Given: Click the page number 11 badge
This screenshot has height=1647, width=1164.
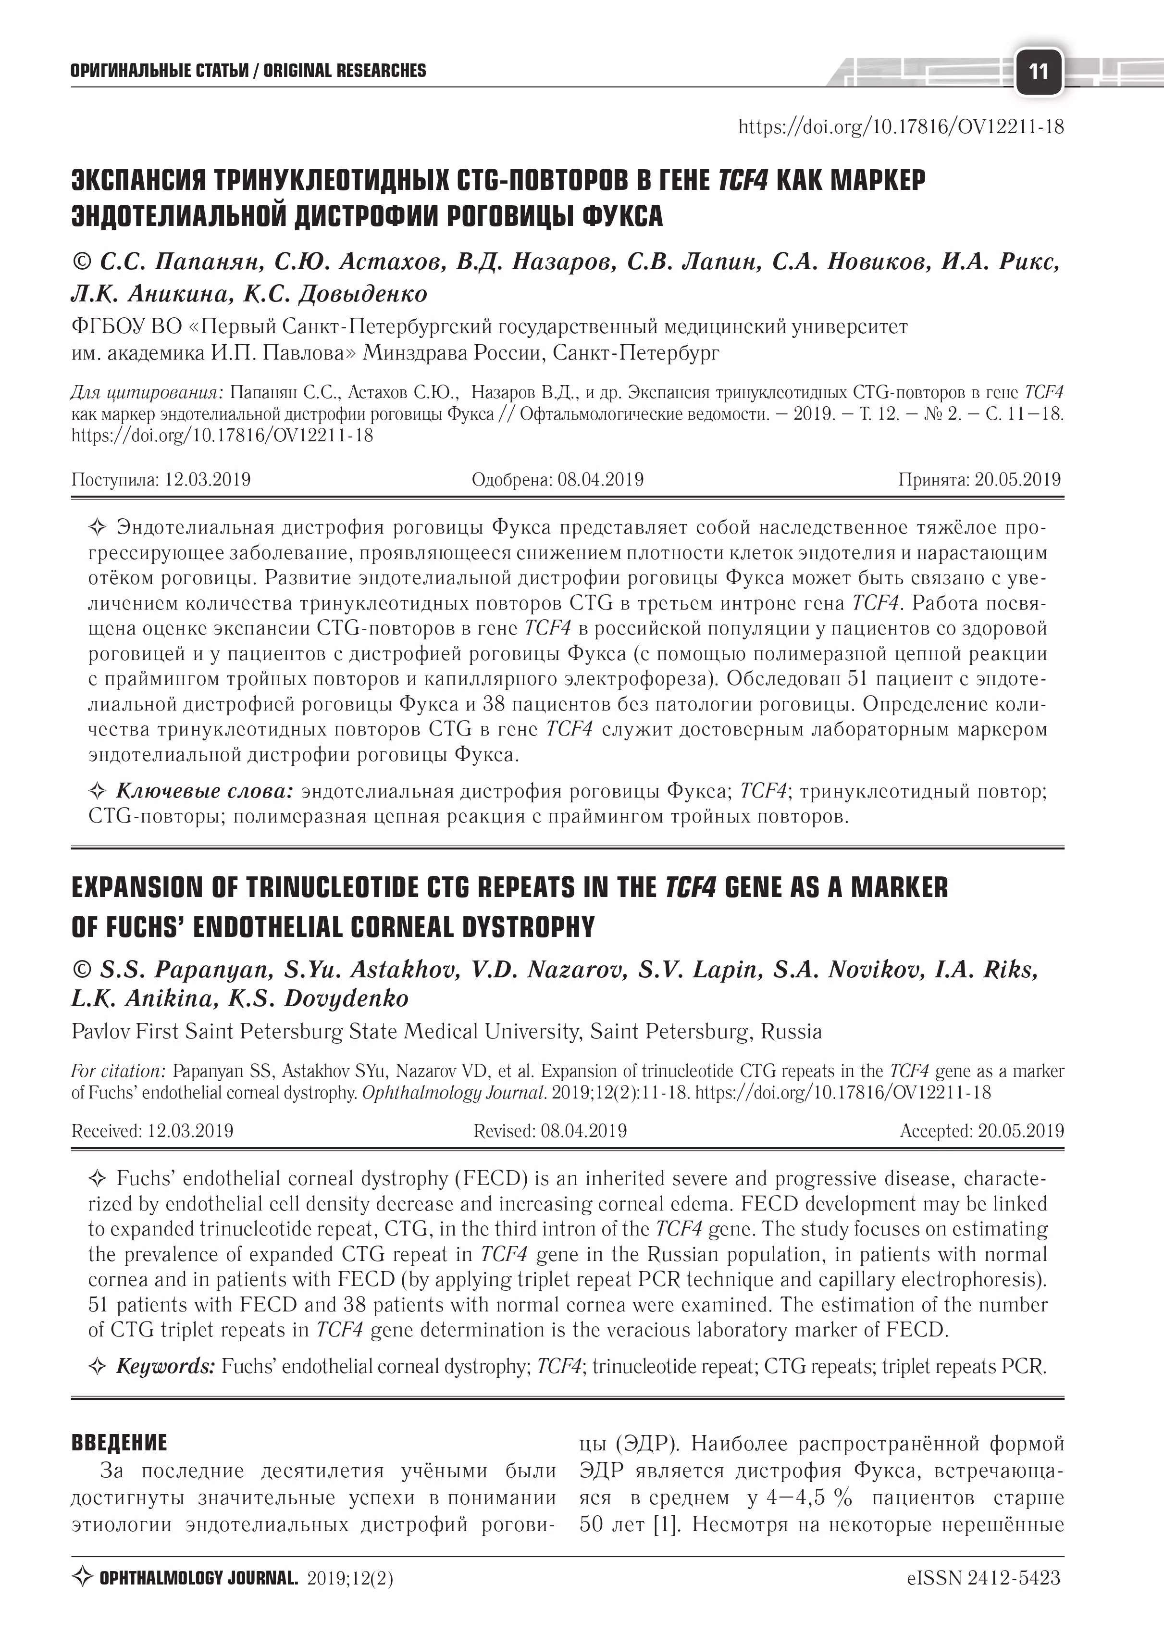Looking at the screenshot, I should pos(1038,71).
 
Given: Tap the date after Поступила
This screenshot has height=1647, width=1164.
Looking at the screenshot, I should pos(207,479).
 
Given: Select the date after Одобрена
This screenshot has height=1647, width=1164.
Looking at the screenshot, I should pos(600,479).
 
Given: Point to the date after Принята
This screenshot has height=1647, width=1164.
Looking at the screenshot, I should pos(1018,479).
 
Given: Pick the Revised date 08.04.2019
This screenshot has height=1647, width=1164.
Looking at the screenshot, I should pos(584,1131).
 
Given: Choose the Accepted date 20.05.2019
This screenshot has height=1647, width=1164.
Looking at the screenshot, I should pos(1021,1131).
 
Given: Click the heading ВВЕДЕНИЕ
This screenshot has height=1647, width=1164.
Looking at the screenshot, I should pos(119,1443).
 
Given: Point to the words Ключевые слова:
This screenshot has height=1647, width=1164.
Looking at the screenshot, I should pos(204,791).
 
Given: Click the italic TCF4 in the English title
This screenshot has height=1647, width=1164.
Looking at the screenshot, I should pos(691,887).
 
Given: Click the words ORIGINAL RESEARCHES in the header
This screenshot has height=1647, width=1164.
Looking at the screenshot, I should pos(344,70).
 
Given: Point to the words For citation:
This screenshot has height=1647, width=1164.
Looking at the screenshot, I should pos(118,1072).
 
